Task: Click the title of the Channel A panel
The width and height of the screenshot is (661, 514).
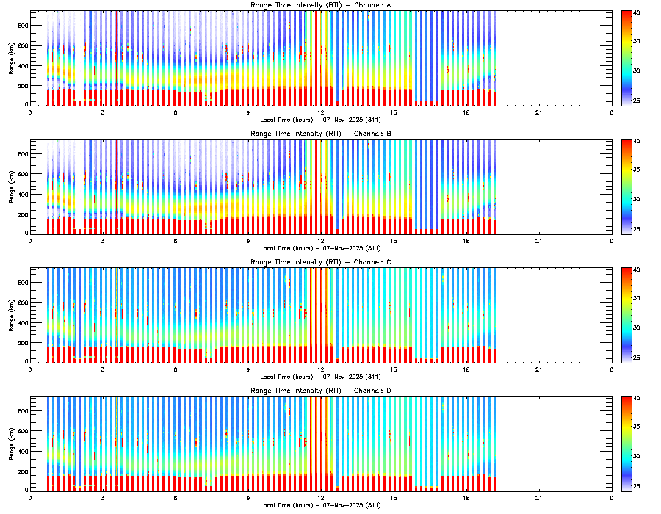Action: click(321, 6)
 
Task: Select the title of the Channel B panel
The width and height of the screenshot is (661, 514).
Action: click(321, 134)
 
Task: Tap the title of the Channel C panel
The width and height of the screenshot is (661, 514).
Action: click(321, 262)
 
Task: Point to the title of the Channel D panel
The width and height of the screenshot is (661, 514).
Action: click(321, 391)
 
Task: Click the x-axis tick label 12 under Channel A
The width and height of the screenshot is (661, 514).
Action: click(321, 112)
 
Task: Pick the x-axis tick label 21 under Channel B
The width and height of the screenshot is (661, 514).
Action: click(539, 240)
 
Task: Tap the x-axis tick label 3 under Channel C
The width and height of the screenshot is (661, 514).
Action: click(103, 369)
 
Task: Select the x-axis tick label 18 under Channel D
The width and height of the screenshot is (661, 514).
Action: click(466, 497)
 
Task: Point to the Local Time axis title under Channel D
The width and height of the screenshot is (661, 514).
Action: click(321, 504)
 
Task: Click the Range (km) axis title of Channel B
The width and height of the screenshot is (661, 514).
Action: click(11, 187)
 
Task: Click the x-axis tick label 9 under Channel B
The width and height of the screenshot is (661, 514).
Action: click(248, 240)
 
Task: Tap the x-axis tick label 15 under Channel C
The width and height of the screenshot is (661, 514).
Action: click(394, 369)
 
